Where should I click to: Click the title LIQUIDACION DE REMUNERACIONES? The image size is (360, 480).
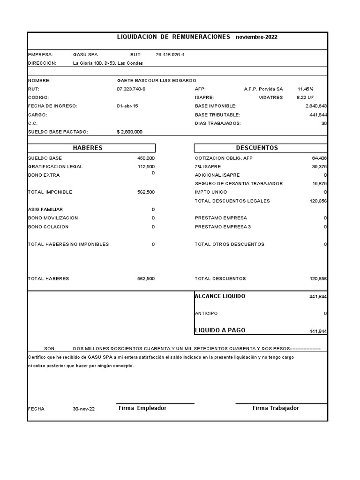[x=173, y=37]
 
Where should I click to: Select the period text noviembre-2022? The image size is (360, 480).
[x=256, y=37]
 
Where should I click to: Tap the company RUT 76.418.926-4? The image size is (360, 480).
[x=170, y=55]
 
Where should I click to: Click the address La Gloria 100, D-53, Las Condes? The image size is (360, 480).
[x=108, y=63]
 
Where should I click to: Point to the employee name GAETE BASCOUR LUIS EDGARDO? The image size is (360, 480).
[x=156, y=81]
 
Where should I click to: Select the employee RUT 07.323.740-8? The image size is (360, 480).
[x=131, y=89]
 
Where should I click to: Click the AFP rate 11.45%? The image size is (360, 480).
[x=305, y=89]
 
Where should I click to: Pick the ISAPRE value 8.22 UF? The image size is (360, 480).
[x=305, y=97]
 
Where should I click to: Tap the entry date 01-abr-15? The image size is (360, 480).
[x=127, y=106]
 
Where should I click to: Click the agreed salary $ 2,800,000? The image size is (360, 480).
[x=129, y=132]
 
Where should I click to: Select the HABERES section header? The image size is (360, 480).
[x=88, y=148]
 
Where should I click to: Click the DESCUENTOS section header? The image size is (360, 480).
[x=257, y=148]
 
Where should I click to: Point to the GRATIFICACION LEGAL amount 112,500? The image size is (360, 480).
[x=145, y=167]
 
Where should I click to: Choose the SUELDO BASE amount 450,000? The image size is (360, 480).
[x=145, y=158]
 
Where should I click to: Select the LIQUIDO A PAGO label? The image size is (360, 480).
[x=220, y=330]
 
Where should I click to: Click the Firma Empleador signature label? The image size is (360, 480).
[x=142, y=408]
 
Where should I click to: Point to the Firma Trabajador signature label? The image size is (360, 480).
[x=276, y=408]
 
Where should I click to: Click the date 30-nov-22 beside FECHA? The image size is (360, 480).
[x=83, y=409]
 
